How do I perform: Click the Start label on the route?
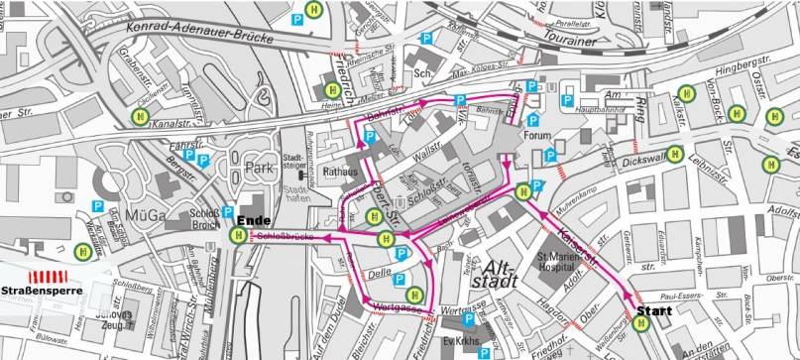pyautogui.click(x=653, y=310)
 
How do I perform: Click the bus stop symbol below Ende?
pyautogui.click(x=239, y=236)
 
